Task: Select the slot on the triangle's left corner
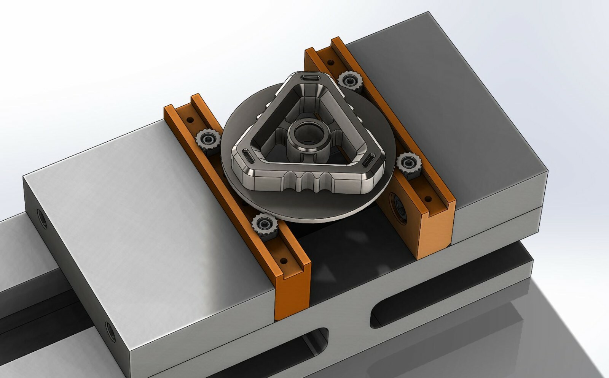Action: tap(247, 155)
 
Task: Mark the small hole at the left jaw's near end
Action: tap(283, 261)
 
